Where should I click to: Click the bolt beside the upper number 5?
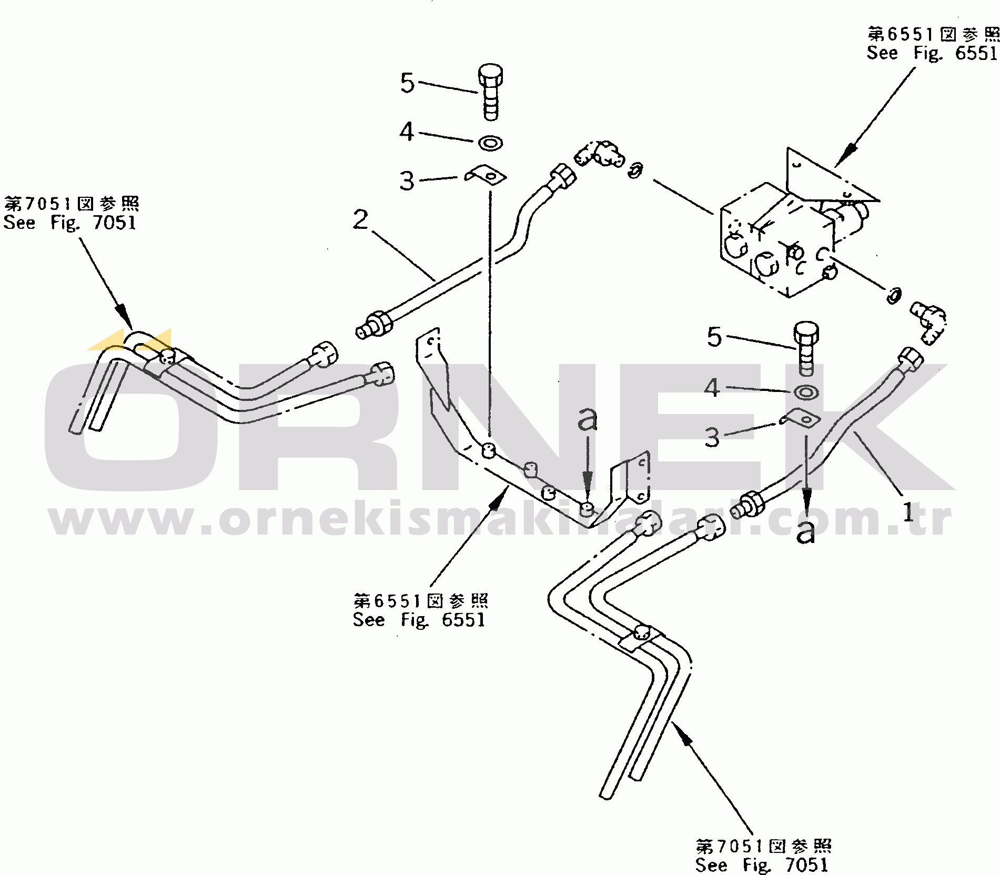tap(490, 92)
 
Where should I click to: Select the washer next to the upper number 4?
tap(490, 143)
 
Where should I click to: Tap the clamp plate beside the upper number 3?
tap(486, 175)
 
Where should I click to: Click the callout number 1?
tap(908, 511)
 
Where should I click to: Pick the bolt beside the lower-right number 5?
tap(805, 349)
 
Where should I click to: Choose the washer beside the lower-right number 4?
tap(805, 392)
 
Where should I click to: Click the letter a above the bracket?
tap(588, 420)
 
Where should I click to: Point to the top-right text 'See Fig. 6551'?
tap(932, 53)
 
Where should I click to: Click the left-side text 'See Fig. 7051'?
tap(70, 223)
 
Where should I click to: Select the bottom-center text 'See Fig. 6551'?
tap(419, 620)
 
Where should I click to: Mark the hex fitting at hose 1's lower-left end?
tap(748, 505)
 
